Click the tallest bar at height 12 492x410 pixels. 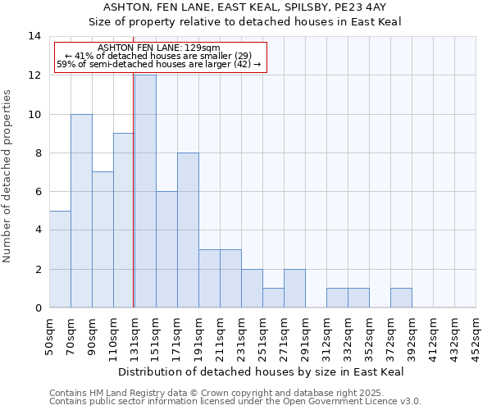point(145,191)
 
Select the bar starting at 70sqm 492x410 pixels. point(81,211)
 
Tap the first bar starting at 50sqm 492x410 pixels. point(60,259)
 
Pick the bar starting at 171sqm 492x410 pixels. point(188,230)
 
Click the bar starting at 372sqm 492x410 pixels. point(401,298)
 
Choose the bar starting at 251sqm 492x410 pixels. point(273,298)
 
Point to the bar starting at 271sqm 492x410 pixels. point(294,289)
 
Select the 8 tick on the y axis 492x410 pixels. point(37,153)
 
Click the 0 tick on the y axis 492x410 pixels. point(37,307)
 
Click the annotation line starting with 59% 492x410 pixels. point(159,64)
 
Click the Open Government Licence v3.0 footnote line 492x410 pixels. point(235,401)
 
